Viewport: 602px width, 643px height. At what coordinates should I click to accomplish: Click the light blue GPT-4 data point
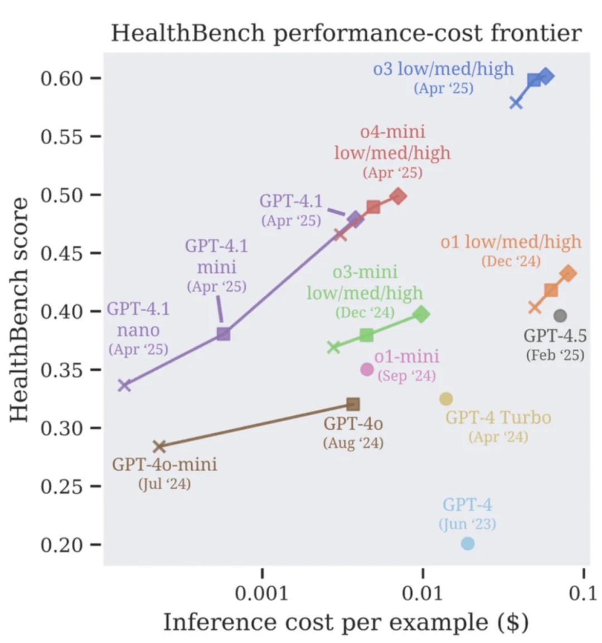pos(468,543)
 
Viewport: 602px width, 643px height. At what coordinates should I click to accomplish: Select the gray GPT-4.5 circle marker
pos(560,316)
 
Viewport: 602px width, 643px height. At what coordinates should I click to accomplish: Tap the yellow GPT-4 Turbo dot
pos(446,399)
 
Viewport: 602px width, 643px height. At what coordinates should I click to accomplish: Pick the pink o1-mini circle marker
pos(367,369)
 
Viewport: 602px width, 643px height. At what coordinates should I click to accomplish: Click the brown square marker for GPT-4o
pos(353,404)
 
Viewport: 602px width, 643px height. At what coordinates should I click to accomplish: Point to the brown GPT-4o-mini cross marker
pos(159,446)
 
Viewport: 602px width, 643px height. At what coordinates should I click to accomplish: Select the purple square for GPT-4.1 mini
pos(224,334)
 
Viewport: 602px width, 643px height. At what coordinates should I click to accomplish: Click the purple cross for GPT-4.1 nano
pos(124,385)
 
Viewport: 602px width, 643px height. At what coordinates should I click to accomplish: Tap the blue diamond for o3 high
pos(546,76)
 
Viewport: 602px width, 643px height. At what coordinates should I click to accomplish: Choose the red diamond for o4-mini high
pos(398,196)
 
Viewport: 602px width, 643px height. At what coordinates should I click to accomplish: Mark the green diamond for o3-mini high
pos(422,314)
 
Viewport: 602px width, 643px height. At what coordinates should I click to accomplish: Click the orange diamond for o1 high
pos(568,273)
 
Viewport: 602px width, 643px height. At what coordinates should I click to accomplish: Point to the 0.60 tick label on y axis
pos(61,78)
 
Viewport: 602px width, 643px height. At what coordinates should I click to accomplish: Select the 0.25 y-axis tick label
pos(61,486)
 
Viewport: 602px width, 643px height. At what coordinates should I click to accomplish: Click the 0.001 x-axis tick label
pos(262,593)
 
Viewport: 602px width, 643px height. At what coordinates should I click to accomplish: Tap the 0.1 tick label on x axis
pos(583,593)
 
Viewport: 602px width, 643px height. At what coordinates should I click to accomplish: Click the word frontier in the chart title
pos(536,33)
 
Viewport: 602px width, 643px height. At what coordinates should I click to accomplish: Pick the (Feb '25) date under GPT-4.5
pos(555,355)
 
